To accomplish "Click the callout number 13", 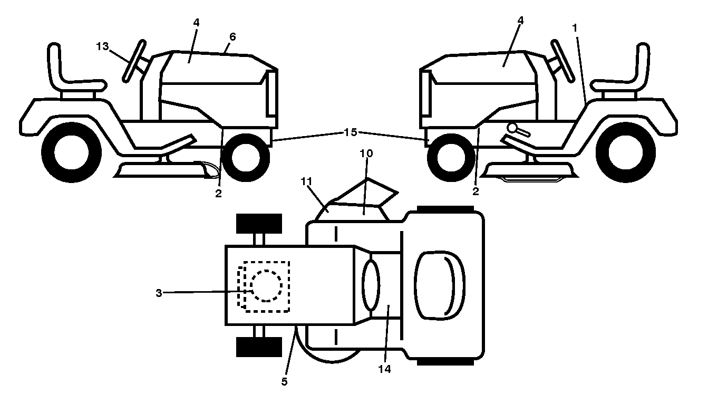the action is click(x=102, y=46).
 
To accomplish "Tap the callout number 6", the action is click(x=232, y=37).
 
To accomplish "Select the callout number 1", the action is click(x=575, y=28).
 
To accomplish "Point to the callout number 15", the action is click(x=350, y=132).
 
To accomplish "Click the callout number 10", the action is click(x=366, y=153).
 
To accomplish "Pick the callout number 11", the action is click(x=307, y=181).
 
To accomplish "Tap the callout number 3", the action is click(x=159, y=293).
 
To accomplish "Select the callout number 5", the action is click(x=285, y=382).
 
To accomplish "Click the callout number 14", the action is click(x=385, y=369).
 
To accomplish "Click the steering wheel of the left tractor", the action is click(x=134, y=61).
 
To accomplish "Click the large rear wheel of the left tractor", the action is click(x=71, y=152).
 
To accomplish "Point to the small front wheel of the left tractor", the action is click(x=246, y=158).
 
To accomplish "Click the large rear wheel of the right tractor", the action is click(x=626, y=152).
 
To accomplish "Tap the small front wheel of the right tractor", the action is click(x=451, y=158).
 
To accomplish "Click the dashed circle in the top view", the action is click(x=266, y=286).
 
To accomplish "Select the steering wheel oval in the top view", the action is click(x=371, y=285).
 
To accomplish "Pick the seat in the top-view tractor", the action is click(x=440, y=285).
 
